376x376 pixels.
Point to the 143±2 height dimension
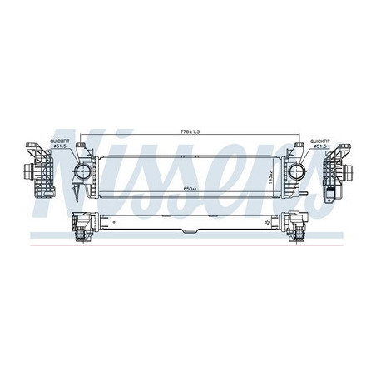271,176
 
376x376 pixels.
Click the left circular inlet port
83,172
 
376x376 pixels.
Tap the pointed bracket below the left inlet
78,191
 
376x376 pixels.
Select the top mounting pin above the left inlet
82,147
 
